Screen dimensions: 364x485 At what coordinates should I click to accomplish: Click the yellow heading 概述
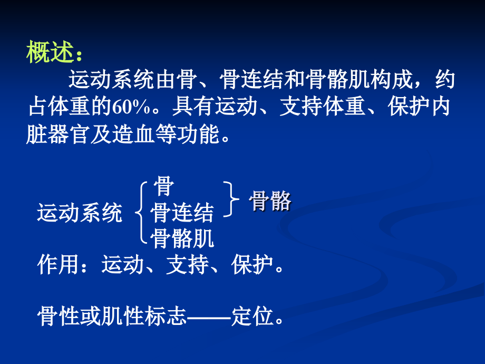[x=52, y=54]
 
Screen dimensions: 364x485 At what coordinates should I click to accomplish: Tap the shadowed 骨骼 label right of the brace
[x=270, y=202]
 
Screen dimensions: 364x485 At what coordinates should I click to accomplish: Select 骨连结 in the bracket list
[x=182, y=214]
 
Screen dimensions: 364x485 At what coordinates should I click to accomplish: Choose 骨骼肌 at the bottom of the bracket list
[x=182, y=240]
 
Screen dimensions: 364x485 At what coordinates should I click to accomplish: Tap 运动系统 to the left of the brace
[x=79, y=214]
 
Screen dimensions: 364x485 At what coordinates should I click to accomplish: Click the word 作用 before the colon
[x=59, y=265]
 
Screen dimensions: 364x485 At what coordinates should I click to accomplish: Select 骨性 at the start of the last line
[x=59, y=318]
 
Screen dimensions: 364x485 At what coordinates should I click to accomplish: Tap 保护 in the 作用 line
[x=252, y=265]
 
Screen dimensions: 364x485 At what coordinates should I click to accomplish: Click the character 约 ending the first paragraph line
[x=445, y=81]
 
